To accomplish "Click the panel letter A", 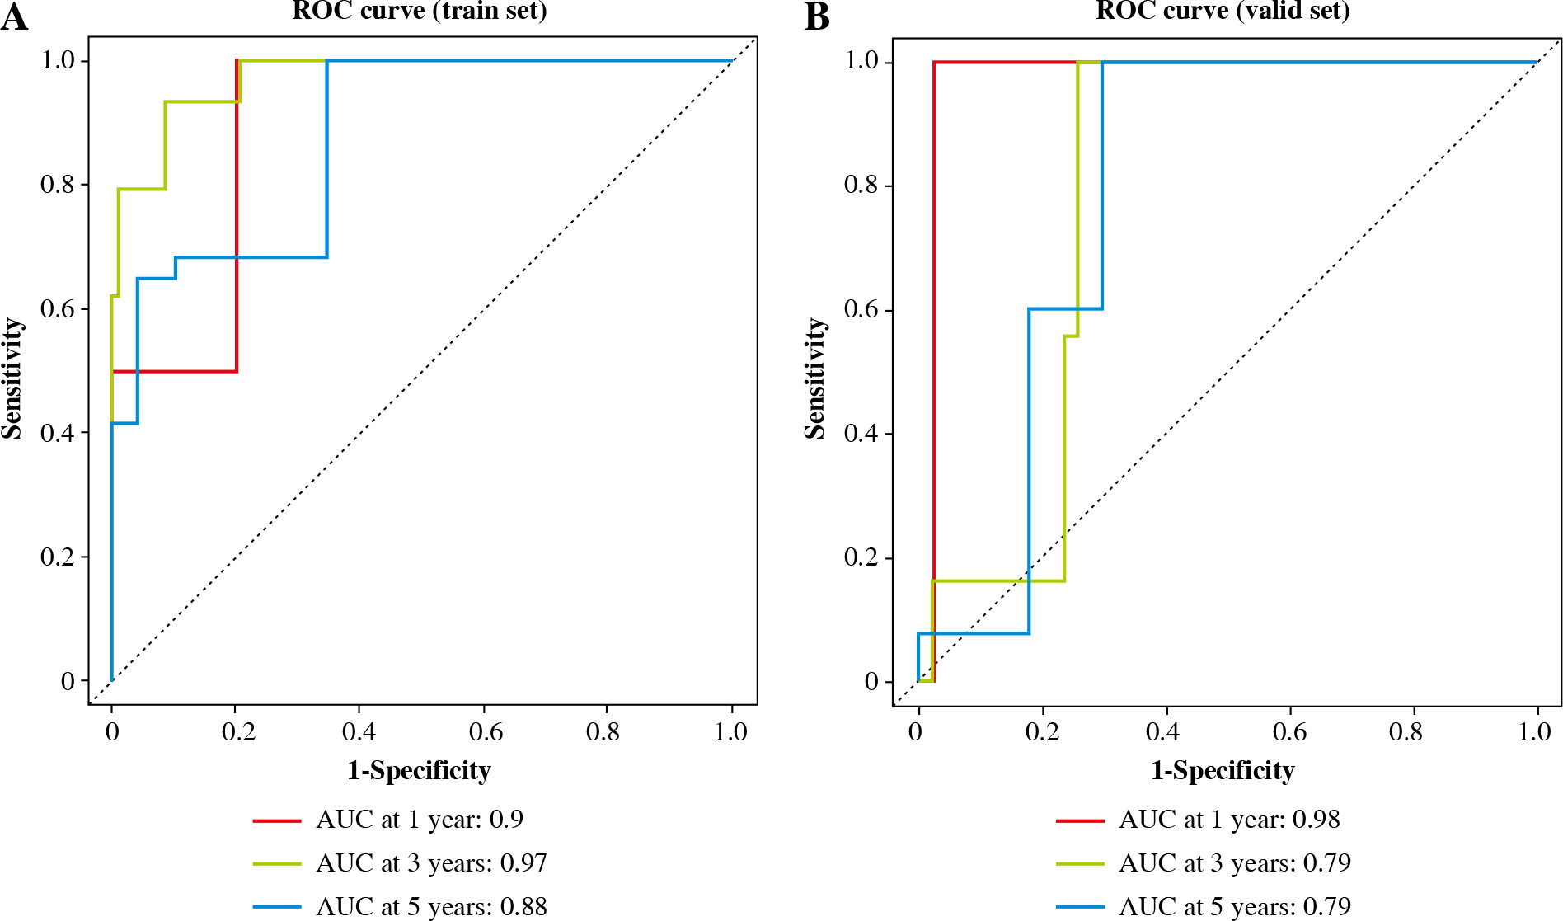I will click(x=14, y=17).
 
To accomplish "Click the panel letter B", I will click(x=816, y=17).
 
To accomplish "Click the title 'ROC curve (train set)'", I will click(x=420, y=11).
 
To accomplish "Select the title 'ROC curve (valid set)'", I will click(x=1223, y=11).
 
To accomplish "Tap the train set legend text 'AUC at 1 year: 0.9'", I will click(x=420, y=820).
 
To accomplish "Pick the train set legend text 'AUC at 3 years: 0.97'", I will click(x=431, y=863).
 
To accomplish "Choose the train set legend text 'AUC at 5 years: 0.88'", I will click(x=431, y=907).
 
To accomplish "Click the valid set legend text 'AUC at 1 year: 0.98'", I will click(x=1229, y=820).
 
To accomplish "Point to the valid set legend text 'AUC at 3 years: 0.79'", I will click(x=1235, y=863).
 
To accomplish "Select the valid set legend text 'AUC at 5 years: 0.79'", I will click(x=1235, y=907).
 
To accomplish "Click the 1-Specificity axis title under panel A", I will click(x=419, y=771).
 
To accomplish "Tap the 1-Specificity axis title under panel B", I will click(x=1223, y=771).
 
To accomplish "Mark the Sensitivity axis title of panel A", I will click(x=12, y=378).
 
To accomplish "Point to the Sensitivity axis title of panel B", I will click(x=815, y=378).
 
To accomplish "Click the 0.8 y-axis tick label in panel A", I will click(x=58, y=185).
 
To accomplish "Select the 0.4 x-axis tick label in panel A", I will click(x=359, y=732).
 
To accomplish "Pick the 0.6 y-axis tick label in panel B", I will click(x=861, y=310).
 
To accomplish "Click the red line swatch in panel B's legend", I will click(x=1080, y=820).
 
